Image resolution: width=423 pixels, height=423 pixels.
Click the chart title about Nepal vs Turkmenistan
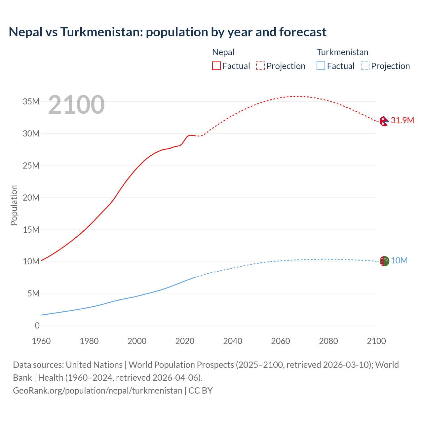coord(168,32)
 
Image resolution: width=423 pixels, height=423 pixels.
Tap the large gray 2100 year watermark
coord(76,105)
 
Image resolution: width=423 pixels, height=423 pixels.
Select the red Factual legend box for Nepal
coord(216,66)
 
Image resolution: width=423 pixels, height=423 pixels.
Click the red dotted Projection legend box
coord(260,66)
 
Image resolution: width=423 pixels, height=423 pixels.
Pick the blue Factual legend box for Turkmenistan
coord(321,66)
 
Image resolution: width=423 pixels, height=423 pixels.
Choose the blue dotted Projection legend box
coord(365,66)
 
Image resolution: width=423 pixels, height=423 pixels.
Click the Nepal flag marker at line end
coord(384,121)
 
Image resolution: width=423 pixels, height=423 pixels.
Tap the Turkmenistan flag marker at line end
coord(384,261)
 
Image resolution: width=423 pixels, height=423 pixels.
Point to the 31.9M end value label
coord(402,120)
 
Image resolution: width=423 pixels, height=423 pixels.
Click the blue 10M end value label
coord(399,261)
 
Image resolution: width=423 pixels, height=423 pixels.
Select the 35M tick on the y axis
coord(31,101)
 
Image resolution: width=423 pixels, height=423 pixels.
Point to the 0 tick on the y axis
coord(37,326)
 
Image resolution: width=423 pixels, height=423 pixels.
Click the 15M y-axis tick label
coord(31,230)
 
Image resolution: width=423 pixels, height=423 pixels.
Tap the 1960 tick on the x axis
coord(41,341)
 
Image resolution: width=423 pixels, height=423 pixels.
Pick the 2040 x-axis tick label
coord(233,341)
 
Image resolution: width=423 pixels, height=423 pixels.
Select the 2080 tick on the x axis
coord(328,341)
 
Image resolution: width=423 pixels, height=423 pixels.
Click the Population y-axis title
coord(14,205)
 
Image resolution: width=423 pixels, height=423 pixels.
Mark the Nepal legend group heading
coord(223,52)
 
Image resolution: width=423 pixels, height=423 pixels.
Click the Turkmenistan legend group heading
coord(342,52)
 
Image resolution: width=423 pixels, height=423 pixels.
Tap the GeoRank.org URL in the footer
coord(97,391)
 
